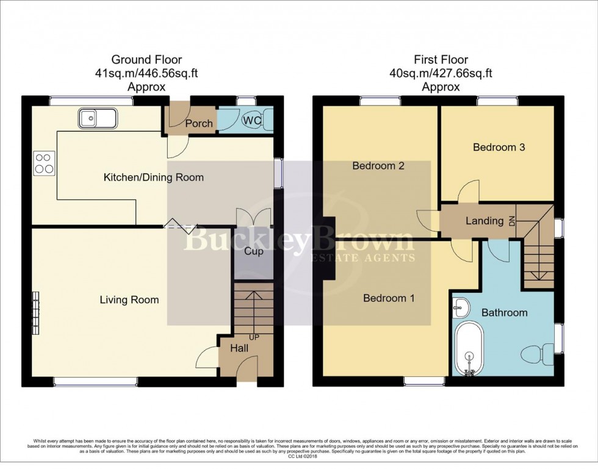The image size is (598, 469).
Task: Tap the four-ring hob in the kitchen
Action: click(x=44, y=163)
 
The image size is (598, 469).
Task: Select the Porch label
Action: click(x=199, y=123)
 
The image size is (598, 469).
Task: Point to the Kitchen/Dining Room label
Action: click(x=153, y=177)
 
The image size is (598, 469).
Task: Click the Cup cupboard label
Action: click(x=253, y=251)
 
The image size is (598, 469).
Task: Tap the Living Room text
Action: click(x=129, y=299)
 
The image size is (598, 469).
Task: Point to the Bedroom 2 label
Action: click(x=378, y=165)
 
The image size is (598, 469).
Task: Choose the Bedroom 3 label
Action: click(x=499, y=147)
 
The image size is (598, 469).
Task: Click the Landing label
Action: click(x=484, y=221)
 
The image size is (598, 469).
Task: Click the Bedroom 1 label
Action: click(x=389, y=298)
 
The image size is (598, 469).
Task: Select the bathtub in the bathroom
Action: click(x=469, y=348)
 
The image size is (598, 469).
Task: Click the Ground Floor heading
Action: click(x=146, y=60)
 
